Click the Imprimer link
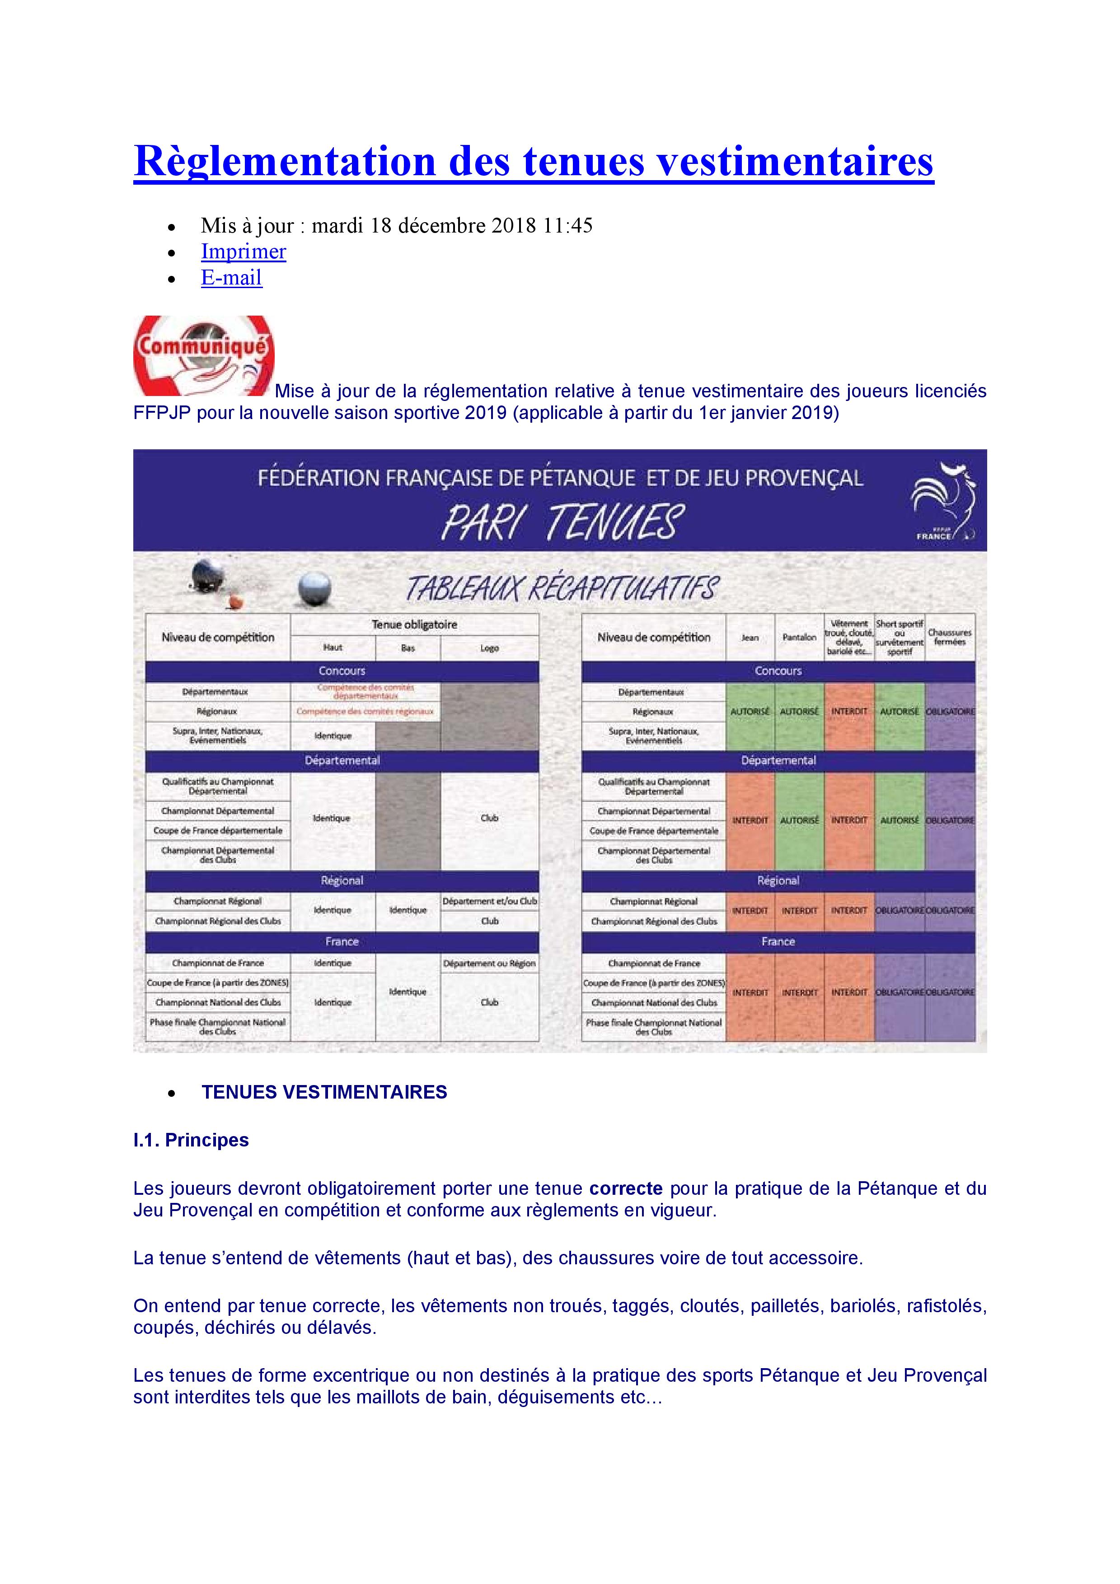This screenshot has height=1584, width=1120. [x=243, y=252]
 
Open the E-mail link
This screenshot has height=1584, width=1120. [x=231, y=278]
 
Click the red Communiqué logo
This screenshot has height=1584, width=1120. [x=204, y=355]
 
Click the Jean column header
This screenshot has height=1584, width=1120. [x=750, y=638]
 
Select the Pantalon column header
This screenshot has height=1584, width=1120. [x=799, y=638]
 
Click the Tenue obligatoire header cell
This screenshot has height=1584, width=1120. [x=414, y=624]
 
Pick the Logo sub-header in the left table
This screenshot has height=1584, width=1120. [x=489, y=648]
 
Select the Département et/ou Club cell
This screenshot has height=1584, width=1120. [x=489, y=901]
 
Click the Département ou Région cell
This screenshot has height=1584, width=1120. [x=489, y=963]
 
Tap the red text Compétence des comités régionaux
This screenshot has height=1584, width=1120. [x=365, y=711]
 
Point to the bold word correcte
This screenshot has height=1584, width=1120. [x=625, y=1188]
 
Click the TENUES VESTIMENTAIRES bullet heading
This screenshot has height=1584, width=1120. [x=324, y=1092]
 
